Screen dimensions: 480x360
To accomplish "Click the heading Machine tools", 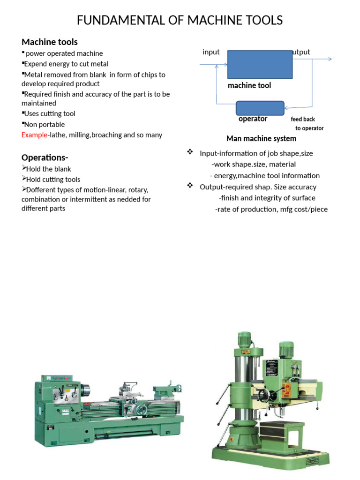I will pos(50,42).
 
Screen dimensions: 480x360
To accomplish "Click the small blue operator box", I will pos(260,108).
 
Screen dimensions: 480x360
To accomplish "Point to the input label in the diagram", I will pos(211,52).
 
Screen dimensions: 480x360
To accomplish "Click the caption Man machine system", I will pos(261,138).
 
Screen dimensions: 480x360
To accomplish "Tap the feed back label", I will pos(303,119).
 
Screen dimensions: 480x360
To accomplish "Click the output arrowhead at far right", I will pos(330,59).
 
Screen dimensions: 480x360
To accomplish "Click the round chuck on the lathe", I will pos(85,390).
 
